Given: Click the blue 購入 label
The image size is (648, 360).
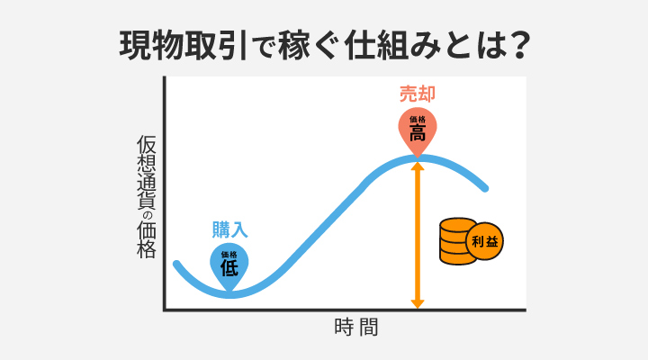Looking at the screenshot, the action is (x=229, y=229).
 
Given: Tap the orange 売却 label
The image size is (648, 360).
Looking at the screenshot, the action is (x=418, y=93).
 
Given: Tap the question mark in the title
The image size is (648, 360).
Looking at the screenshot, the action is (x=517, y=45).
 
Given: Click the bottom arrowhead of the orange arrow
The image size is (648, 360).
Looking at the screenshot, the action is (x=418, y=303).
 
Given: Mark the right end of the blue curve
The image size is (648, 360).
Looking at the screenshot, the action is (x=486, y=189).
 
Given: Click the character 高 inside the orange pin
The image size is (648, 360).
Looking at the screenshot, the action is (x=418, y=133).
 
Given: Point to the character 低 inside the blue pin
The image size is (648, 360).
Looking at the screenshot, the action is (x=229, y=267).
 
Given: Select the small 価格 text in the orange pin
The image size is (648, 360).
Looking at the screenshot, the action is (x=418, y=119).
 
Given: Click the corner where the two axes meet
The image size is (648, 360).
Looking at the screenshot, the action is (x=165, y=310).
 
